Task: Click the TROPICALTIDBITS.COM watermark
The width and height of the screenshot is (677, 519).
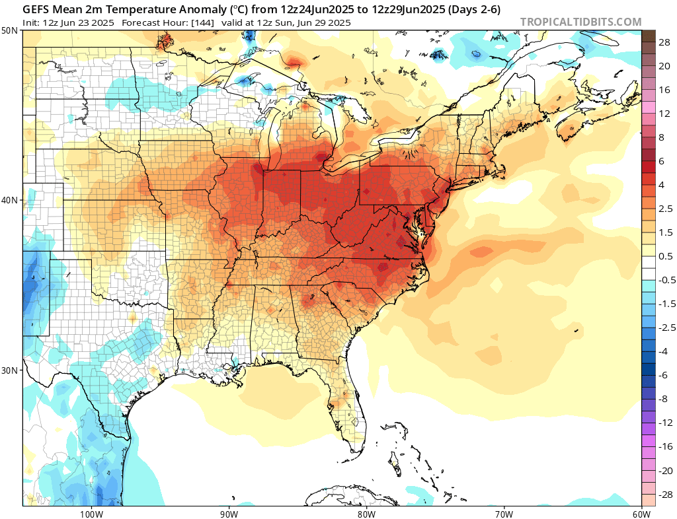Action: [x=580, y=22]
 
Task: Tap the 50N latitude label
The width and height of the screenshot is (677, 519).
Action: [x=10, y=30]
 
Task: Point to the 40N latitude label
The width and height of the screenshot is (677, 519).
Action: [x=10, y=200]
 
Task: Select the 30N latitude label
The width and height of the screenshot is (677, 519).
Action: [x=10, y=370]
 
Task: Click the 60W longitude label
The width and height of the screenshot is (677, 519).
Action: [x=641, y=513]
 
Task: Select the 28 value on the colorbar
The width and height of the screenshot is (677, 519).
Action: [x=664, y=42]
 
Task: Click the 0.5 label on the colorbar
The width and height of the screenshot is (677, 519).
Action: [x=665, y=256]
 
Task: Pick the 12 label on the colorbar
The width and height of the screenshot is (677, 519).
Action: [x=664, y=113]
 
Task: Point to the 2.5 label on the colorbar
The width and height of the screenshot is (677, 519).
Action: [x=665, y=208]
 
